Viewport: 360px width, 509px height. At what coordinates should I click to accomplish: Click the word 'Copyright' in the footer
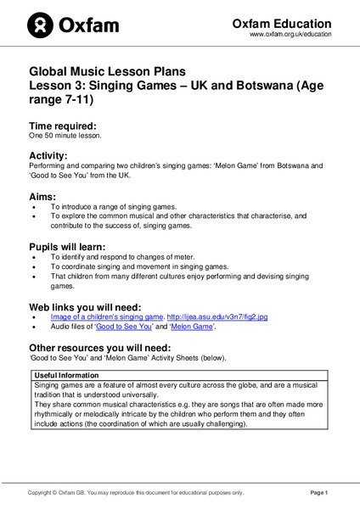[x=42, y=492]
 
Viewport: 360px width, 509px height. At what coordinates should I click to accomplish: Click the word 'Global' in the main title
[x=50, y=73]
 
